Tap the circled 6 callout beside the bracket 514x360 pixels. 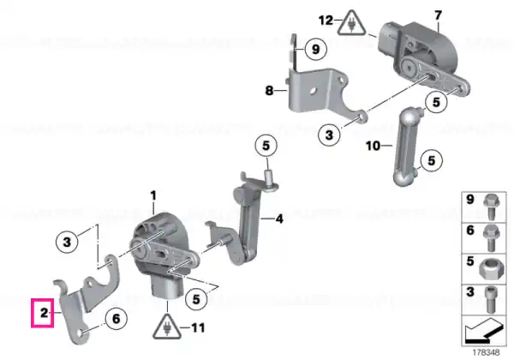[117, 318]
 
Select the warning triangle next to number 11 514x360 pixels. [167, 327]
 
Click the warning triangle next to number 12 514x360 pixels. [351, 23]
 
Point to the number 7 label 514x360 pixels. [438, 15]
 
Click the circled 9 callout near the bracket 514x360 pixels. [315, 50]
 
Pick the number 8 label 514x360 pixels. [269, 90]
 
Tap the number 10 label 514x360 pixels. [373, 146]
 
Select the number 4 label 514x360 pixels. [279, 219]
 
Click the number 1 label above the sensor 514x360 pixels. [153, 196]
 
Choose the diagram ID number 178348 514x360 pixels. [486, 352]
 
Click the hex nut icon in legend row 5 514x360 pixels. [489, 268]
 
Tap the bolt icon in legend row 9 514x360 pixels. [491, 207]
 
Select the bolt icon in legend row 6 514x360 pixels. [491, 237]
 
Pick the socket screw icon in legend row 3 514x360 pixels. [490, 300]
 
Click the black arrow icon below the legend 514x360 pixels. [483, 331]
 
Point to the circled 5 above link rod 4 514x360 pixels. [266, 146]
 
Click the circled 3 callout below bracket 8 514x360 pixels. [329, 135]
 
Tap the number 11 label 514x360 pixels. [198, 327]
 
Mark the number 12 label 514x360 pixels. [326, 21]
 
